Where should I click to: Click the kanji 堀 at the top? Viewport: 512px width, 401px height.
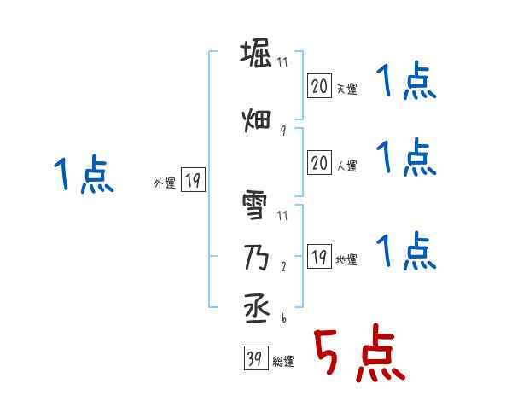pyautogui.click(x=257, y=54)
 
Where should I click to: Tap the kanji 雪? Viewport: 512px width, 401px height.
pyautogui.click(x=257, y=207)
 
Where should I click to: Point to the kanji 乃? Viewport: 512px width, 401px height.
pyautogui.click(x=257, y=255)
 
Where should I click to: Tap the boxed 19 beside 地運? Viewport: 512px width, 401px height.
pyautogui.click(x=319, y=257)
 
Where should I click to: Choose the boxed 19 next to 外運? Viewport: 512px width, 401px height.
pyautogui.click(x=193, y=180)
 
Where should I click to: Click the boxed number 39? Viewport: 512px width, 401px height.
pyautogui.click(x=255, y=359)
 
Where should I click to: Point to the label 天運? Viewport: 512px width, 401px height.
pyautogui.click(x=346, y=89)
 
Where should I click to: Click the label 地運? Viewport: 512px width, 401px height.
pyautogui.click(x=346, y=259)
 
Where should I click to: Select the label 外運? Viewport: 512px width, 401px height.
pyautogui.click(x=164, y=182)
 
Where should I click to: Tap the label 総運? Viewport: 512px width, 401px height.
pyautogui.click(x=283, y=362)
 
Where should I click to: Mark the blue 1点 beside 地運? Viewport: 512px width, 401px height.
pyautogui.click(x=406, y=251)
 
